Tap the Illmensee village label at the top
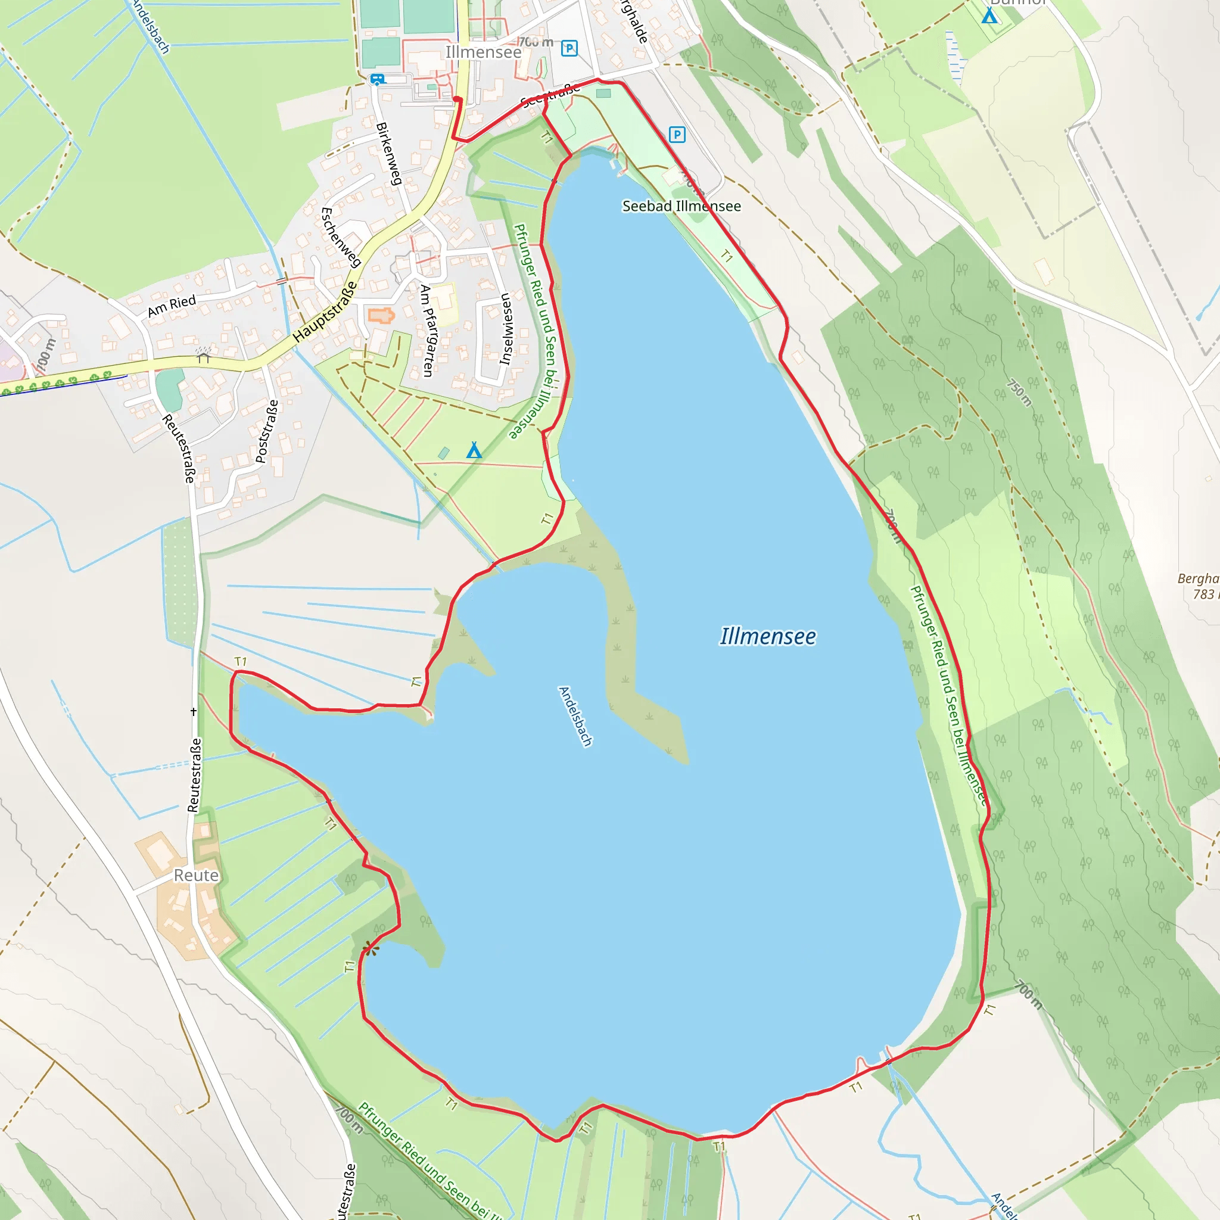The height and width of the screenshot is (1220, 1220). pyautogui.click(x=483, y=52)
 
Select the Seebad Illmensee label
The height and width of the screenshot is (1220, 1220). pyautogui.click(x=681, y=207)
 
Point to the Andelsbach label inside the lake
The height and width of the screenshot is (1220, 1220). pyautogui.click(x=575, y=716)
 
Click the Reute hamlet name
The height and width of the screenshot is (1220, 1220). pyautogui.click(x=196, y=875)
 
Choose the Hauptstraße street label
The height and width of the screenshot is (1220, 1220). pyautogui.click(x=325, y=313)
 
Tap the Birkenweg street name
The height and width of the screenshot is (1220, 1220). pyautogui.click(x=388, y=154)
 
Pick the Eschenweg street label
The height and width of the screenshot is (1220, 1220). pyautogui.click(x=340, y=238)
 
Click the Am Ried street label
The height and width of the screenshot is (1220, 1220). pyautogui.click(x=171, y=306)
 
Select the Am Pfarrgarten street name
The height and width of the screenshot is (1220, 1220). pyautogui.click(x=428, y=330)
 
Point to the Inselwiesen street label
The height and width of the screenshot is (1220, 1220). pyautogui.click(x=505, y=329)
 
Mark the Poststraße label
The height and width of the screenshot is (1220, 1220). pyautogui.click(x=266, y=431)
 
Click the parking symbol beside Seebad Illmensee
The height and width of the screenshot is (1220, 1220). pyautogui.click(x=677, y=135)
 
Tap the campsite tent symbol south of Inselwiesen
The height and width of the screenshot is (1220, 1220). pyautogui.click(x=474, y=450)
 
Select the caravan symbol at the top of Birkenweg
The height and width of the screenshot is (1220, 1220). pyautogui.click(x=377, y=80)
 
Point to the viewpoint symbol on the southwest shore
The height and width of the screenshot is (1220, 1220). pyautogui.click(x=371, y=948)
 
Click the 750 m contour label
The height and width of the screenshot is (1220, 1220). pyautogui.click(x=1019, y=393)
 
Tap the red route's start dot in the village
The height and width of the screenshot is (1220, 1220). pyautogui.click(x=457, y=99)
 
